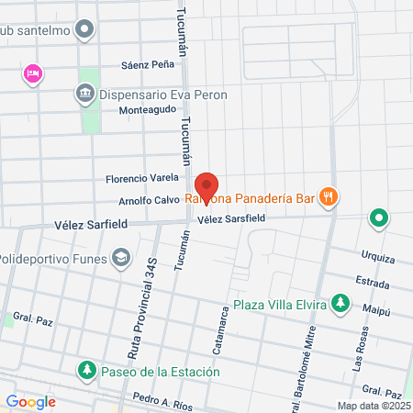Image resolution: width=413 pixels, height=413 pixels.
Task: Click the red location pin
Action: (206, 187)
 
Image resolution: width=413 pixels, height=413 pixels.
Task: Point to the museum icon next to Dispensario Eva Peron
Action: (84, 93)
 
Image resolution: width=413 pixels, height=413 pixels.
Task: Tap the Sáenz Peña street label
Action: (147, 66)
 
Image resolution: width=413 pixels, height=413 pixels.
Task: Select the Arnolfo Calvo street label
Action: (149, 201)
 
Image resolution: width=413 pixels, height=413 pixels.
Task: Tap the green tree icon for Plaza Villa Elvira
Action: (340, 302)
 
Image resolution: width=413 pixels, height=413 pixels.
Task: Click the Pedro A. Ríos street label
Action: (163, 399)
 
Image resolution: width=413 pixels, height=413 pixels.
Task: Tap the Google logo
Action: (31, 401)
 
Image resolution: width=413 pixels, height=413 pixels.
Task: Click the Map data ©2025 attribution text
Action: (374, 406)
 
